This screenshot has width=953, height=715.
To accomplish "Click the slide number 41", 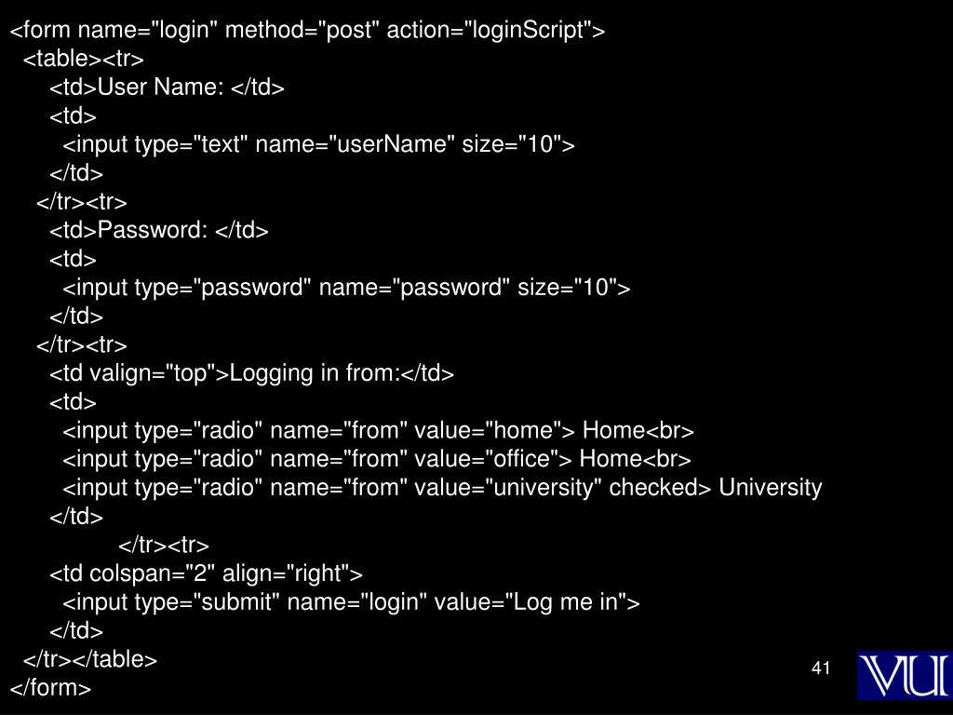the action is (820, 668).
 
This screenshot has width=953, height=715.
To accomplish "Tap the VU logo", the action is (903, 674).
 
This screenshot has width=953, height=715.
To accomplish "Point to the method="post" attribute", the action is (302, 31).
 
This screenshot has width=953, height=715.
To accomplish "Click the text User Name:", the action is (161, 88).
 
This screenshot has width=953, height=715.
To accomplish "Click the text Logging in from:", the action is (315, 374).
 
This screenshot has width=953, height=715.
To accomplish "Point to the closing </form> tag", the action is (50, 689).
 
